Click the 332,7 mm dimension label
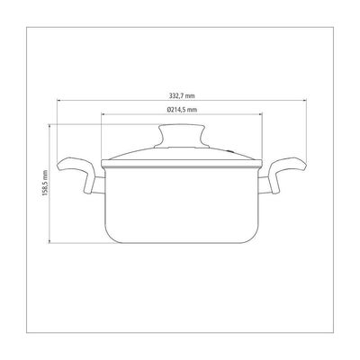[x=182, y=95]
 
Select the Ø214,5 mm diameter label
[x=182, y=110]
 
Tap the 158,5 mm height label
[x=45, y=183]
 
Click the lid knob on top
[x=182, y=136]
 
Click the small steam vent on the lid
[x=229, y=151]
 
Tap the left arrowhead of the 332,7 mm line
[x=58, y=101]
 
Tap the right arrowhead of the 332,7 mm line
[x=304, y=101]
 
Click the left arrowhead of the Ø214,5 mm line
[x=103, y=114]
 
